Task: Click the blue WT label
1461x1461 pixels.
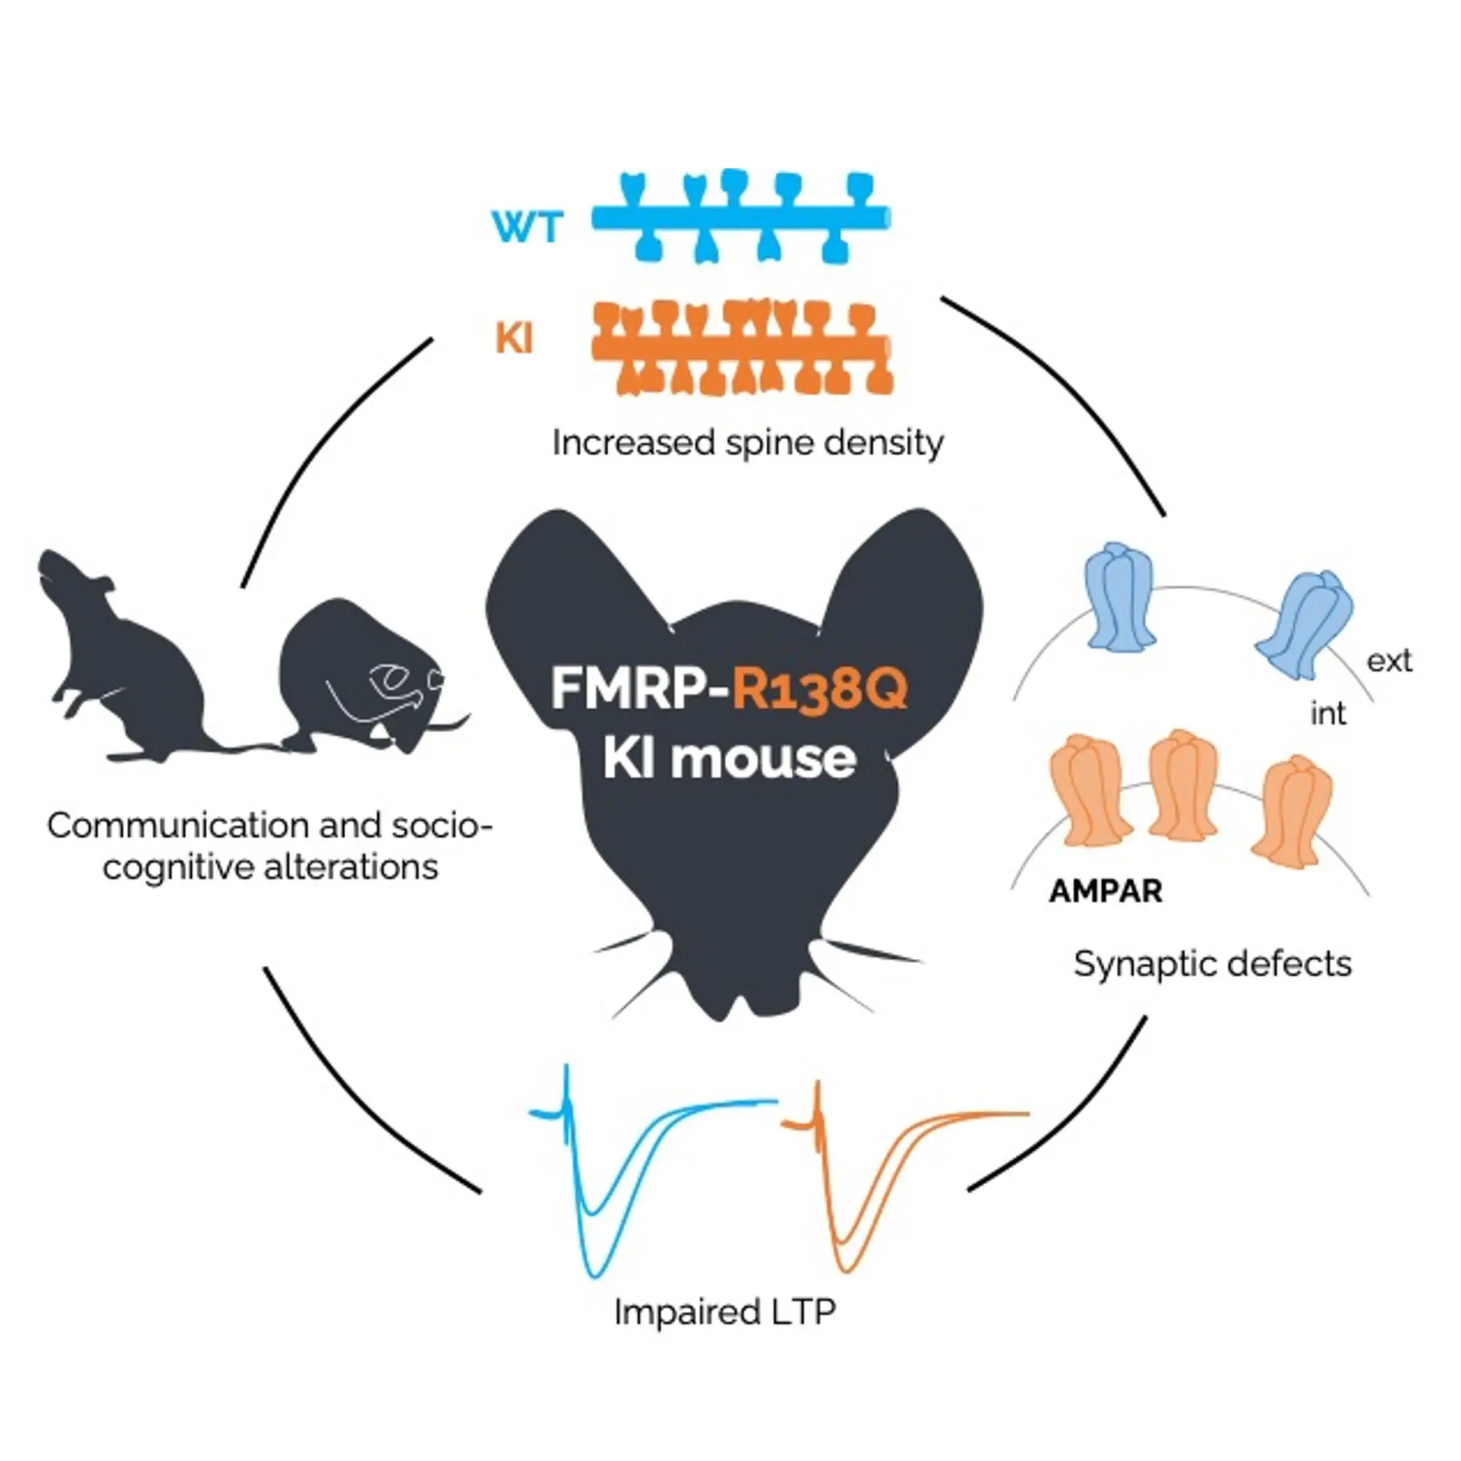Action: [x=528, y=226]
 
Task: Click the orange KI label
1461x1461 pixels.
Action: [x=514, y=338]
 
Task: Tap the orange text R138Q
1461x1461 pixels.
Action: [x=820, y=688]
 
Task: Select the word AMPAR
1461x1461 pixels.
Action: [x=1106, y=891]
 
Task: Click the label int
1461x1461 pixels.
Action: [x=1328, y=713]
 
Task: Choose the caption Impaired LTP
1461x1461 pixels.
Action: [x=725, y=1312]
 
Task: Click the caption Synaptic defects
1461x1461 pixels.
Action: [x=1212, y=964]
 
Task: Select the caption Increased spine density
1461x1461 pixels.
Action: [x=747, y=442]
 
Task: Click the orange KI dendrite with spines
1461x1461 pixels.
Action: [x=741, y=348]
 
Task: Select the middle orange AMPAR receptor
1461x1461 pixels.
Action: [x=1181, y=786]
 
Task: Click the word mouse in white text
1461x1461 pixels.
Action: [x=764, y=758]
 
